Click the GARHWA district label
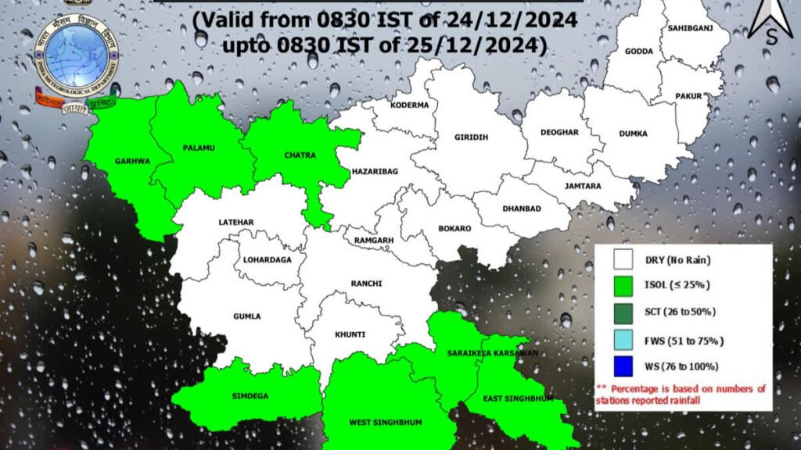(132, 162)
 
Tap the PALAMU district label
(199, 147)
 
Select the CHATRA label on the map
(300, 155)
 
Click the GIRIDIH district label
(471, 137)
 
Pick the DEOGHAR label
(559, 132)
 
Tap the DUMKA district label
(633, 134)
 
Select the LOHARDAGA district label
(266, 259)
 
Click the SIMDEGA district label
(250, 396)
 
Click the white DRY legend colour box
(623, 259)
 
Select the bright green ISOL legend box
(623, 285)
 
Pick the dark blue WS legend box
(623, 366)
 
